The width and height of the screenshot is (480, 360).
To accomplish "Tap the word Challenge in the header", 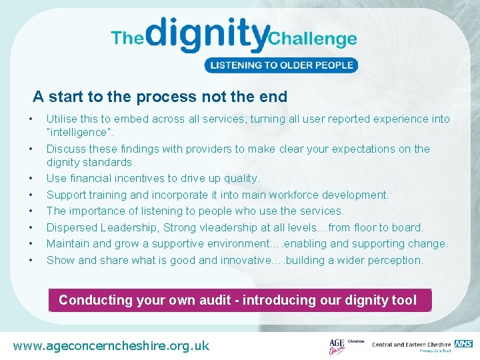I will [313, 38].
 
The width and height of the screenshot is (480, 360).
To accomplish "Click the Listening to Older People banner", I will [281, 65].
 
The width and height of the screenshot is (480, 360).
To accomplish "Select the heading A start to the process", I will [160, 97].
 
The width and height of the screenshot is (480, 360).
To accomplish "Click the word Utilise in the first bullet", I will [61, 119].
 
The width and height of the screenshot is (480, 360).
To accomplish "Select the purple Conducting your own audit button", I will [238, 300].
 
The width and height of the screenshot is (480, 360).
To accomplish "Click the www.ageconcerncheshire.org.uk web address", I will [111, 345].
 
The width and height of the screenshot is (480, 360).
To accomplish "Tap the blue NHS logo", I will [464, 344].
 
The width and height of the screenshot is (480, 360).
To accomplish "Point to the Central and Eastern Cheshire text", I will [411, 345].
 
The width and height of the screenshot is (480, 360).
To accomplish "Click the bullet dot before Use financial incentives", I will [31, 179].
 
